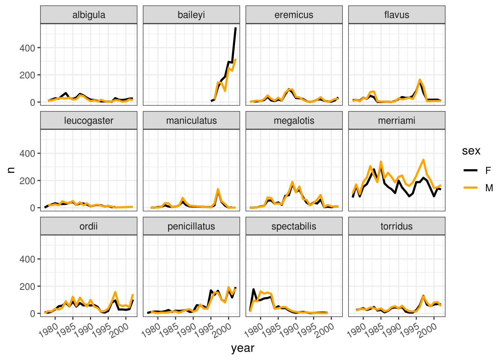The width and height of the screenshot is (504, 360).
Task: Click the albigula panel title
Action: click(89, 15)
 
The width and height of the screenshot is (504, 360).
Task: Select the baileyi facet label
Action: click(191, 15)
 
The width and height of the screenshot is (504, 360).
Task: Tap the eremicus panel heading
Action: click(294, 15)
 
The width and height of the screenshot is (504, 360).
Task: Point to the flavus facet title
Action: click(397, 15)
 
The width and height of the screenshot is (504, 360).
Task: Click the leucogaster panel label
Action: click(89, 121)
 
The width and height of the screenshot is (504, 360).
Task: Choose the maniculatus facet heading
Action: click(191, 121)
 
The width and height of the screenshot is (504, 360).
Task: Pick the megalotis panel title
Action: click(294, 121)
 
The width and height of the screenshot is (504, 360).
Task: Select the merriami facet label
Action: click(397, 121)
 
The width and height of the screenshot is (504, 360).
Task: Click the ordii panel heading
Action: click(89, 226)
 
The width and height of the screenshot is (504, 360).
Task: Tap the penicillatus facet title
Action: click(191, 226)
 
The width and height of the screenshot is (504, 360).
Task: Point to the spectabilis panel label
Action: click(294, 226)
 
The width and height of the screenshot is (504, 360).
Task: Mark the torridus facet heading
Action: click(397, 226)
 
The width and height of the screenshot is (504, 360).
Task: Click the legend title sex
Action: click(471, 151)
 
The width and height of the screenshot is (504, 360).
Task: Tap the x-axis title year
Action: click(243, 348)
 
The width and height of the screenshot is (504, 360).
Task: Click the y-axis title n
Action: click(11, 170)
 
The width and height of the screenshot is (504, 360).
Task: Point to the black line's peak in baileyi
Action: click(235, 28)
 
